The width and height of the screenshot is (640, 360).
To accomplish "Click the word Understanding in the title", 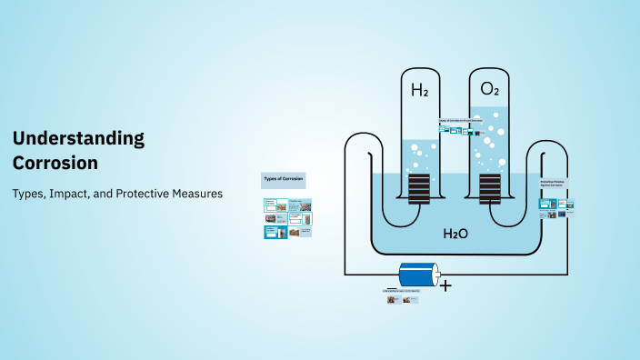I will click(78, 138).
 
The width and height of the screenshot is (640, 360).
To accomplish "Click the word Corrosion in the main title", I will click(55, 163).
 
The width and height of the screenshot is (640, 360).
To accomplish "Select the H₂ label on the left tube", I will click(419, 90).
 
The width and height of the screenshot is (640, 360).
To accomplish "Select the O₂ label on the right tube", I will click(489, 89).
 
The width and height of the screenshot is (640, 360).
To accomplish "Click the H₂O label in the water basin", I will click(455, 234).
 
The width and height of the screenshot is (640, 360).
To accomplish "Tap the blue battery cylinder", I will click(417, 274).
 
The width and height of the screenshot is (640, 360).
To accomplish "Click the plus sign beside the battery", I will click(445, 285).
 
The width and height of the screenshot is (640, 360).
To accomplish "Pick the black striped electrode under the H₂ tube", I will click(419, 189).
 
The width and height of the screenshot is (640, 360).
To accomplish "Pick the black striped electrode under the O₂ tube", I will click(489, 189).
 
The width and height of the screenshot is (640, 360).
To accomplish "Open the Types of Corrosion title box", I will click(284, 180).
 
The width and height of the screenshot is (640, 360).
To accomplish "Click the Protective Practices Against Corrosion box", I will click(555, 185).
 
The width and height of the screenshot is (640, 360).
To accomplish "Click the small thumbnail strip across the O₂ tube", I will click(459, 130).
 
